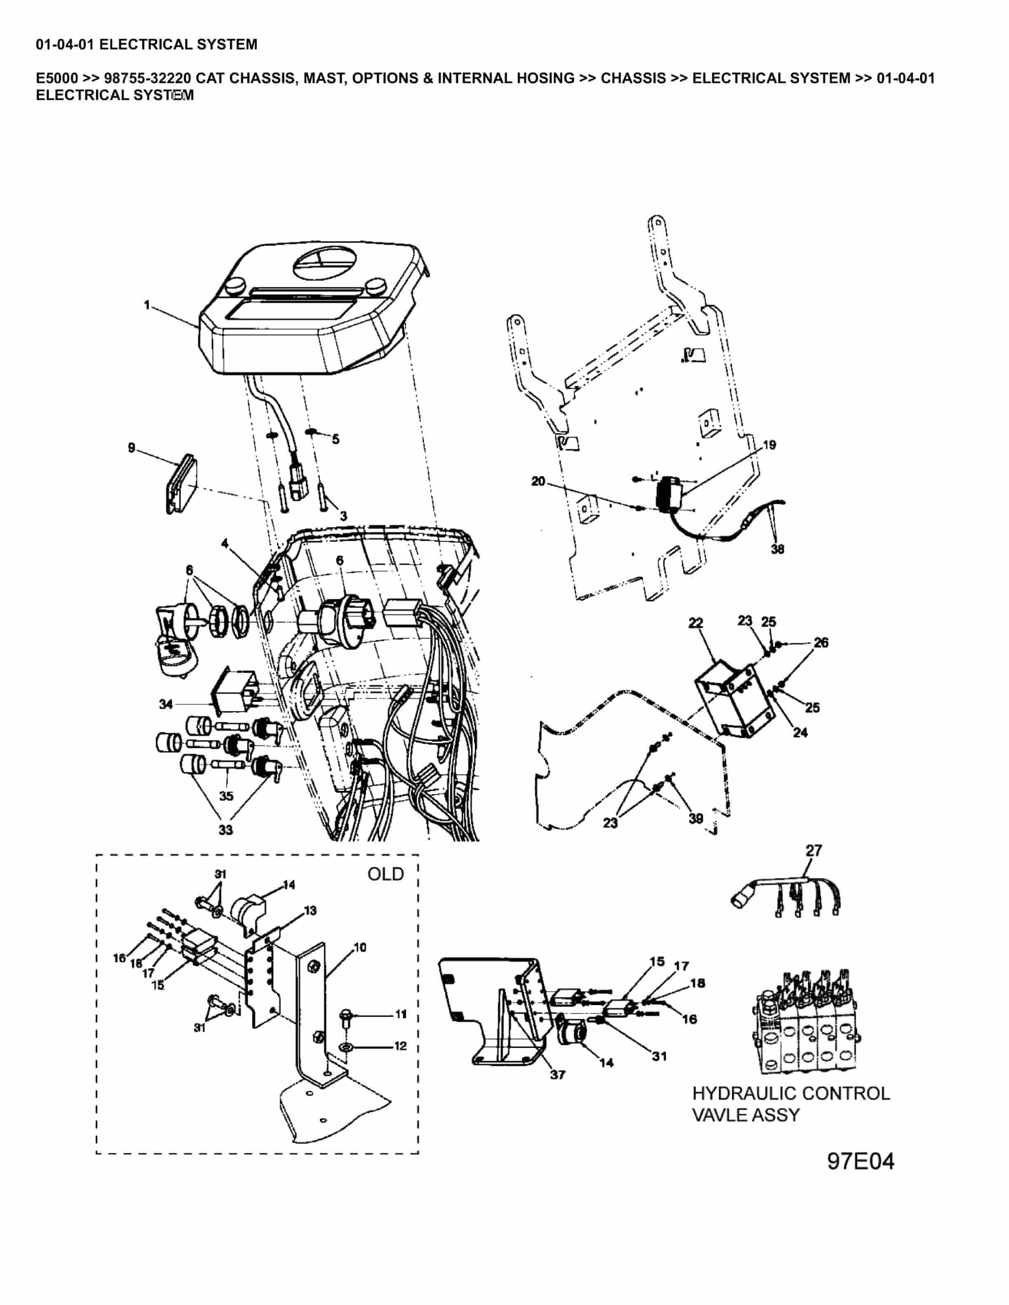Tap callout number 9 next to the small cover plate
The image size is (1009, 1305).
coord(131,447)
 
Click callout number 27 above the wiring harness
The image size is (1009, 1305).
coord(814,850)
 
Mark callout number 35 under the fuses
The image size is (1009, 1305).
coord(226,796)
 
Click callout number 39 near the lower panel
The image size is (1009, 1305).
coord(695,819)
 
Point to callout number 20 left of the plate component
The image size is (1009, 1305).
coord(538,481)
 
